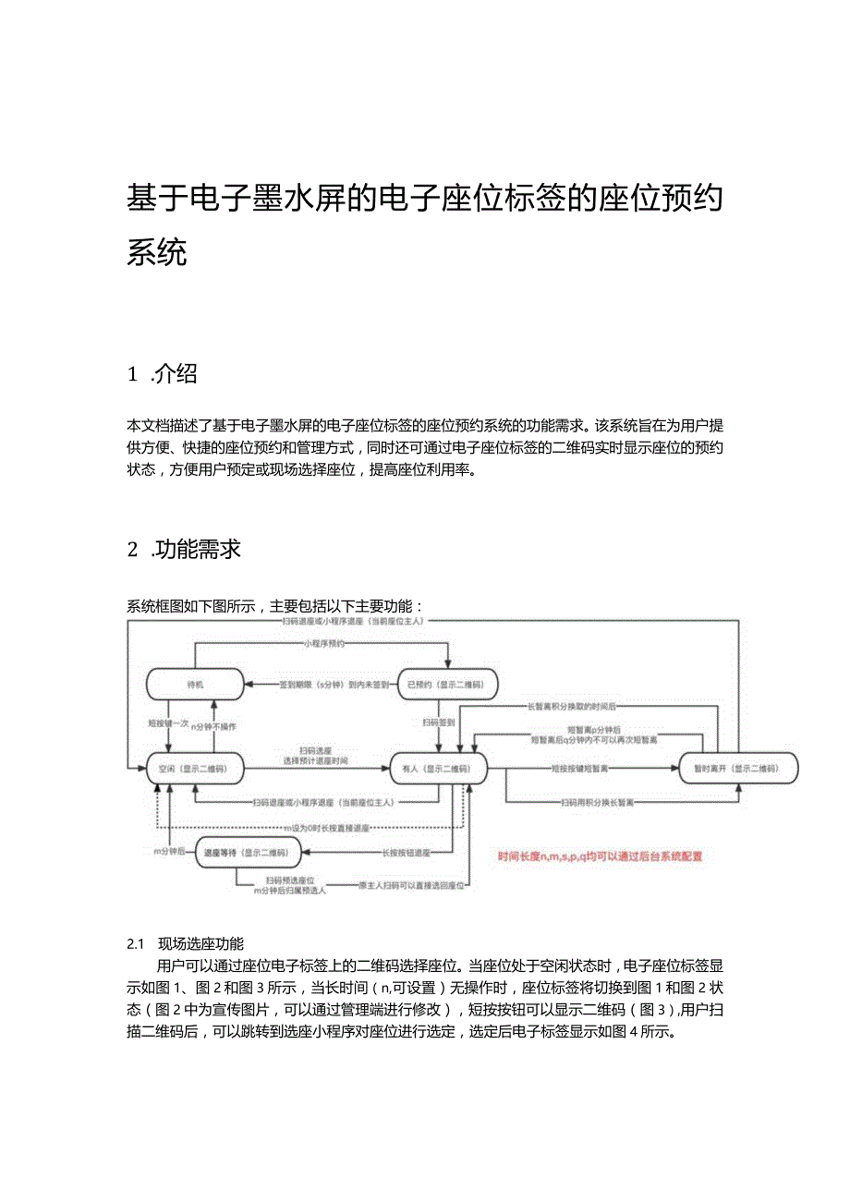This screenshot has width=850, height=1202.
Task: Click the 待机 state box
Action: pyautogui.click(x=194, y=685)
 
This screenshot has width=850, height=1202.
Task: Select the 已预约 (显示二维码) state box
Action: pyautogui.click(x=447, y=685)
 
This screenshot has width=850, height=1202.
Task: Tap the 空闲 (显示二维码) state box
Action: pyautogui.click(x=194, y=769)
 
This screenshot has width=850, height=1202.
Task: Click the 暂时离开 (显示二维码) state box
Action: pyautogui.click(x=738, y=769)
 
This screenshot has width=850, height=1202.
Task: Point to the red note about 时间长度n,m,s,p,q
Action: pyautogui.click(x=600, y=856)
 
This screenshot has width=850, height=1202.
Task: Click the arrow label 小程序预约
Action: pyautogui.click(x=323, y=643)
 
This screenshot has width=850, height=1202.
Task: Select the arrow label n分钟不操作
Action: pyautogui.click(x=214, y=726)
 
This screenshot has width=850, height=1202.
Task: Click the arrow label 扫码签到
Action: pyautogui.click(x=437, y=722)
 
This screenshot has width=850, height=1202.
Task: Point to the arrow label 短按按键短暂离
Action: pyautogui.click(x=582, y=768)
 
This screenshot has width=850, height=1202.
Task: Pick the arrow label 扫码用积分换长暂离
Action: pyautogui.click(x=597, y=803)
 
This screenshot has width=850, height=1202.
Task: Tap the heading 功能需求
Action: pyautogui.click(x=198, y=549)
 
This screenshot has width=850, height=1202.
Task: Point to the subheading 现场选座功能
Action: pyautogui.click(x=200, y=943)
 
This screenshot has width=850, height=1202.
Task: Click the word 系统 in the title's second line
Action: pyautogui.click(x=157, y=251)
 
